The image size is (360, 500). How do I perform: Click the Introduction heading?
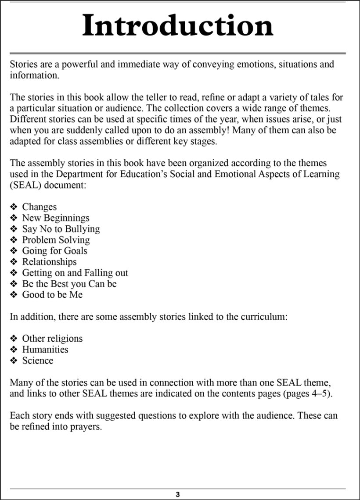coord(178,26)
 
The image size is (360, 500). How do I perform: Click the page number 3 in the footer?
coord(178,494)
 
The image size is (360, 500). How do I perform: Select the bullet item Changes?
coord(40,207)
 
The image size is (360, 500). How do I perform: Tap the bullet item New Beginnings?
coord(55,218)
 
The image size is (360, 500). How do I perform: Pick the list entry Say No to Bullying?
coord(61,229)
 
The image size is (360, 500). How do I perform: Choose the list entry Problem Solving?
coord(56,240)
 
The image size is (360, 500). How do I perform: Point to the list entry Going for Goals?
coord(54,251)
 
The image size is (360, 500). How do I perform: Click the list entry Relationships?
coord(49,262)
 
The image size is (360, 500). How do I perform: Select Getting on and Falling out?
coord(75,273)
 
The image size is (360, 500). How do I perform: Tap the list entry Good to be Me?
coord(52,295)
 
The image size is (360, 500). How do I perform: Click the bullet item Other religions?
coord(52,339)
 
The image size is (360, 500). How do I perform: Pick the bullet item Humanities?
coord(45,350)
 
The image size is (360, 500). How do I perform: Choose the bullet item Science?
coord(38,361)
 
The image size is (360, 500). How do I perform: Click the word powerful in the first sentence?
coord(79,64)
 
